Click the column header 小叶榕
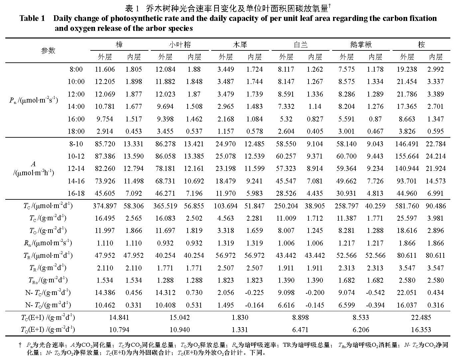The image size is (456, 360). tap(180, 45)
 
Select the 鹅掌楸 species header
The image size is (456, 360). tap(361, 45)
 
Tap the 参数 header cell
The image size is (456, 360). tap(48, 51)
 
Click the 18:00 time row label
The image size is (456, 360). tap(76, 131)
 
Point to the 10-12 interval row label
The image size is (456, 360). tap(76, 156)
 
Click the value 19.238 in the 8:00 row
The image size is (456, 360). tap(407, 69)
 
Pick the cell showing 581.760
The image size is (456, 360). tap(407, 206)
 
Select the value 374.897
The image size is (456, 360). tap(105, 206)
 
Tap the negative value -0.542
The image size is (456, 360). tap(375, 293)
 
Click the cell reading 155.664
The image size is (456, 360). tap(407, 156)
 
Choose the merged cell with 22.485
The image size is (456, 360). tap(421, 318)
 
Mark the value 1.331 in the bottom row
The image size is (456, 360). tap(240, 330)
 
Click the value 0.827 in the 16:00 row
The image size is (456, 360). tap(315, 119)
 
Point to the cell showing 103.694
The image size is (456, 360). tap(226, 206)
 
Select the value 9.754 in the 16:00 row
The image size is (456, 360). tap(105, 119)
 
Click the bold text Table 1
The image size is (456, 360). tap(32, 19)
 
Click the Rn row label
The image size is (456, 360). tap(48, 243)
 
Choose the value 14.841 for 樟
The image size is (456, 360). tap(119, 318)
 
